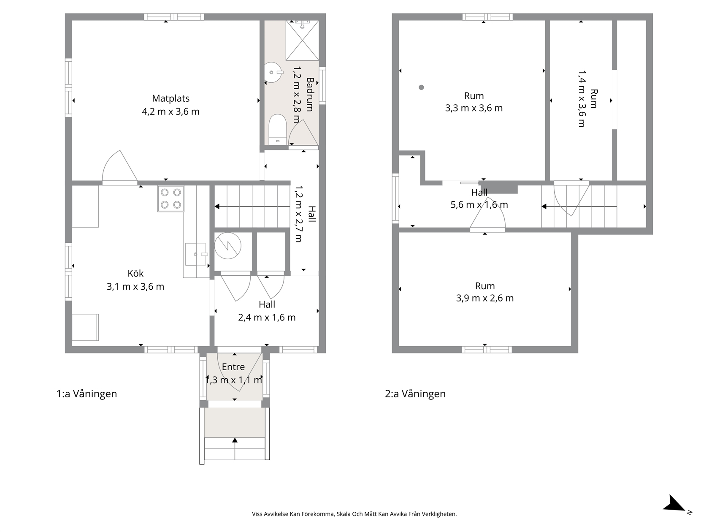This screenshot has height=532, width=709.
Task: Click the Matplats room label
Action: [x=170, y=98]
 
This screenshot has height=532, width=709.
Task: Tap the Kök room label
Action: [x=135, y=273]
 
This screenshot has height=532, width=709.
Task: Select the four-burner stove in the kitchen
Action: [x=170, y=198]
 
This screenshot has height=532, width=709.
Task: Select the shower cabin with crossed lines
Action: [x=302, y=41]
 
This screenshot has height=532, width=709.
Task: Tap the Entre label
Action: [x=233, y=367]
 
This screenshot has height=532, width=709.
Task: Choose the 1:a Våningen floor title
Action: [x=87, y=394]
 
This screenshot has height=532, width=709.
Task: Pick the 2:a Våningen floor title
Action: [x=415, y=394]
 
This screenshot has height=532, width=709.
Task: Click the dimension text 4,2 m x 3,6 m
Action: [x=170, y=112]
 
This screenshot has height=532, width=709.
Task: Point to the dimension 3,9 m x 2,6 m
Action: [x=485, y=298]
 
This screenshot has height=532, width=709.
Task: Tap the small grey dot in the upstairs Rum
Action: [x=421, y=87]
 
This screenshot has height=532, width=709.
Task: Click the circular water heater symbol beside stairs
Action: [x=228, y=246]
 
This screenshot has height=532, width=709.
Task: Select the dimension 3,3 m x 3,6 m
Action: [x=474, y=108]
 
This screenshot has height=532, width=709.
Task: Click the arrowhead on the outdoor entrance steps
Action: [x=235, y=440]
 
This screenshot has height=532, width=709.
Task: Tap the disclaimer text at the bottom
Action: [x=354, y=514]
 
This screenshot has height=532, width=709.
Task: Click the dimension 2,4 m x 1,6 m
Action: [x=267, y=318]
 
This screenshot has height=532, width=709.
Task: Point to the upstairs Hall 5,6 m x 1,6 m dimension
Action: [x=479, y=205]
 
